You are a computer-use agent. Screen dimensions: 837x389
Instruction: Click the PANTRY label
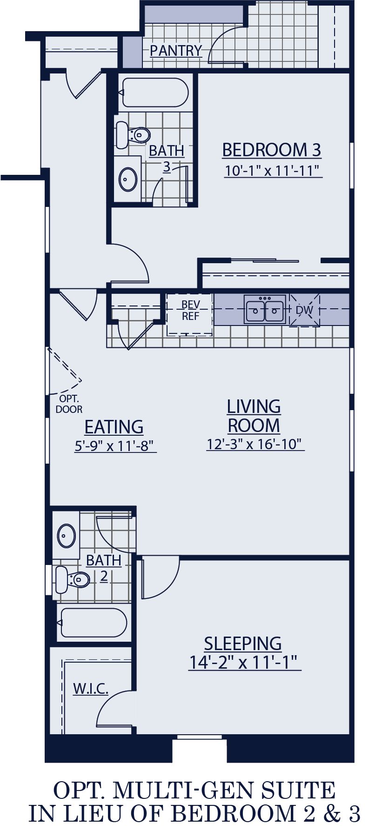(x=176, y=50)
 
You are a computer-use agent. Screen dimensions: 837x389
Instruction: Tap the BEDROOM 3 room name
(x=271, y=150)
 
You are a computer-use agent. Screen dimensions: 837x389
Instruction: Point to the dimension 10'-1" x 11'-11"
(x=273, y=171)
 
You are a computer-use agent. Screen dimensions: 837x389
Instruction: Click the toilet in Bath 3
(x=134, y=135)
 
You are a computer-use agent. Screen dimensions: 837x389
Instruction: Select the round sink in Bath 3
(x=127, y=179)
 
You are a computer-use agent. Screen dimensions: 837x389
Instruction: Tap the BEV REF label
(x=190, y=310)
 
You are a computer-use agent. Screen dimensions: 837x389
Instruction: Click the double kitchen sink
(x=265, y=310)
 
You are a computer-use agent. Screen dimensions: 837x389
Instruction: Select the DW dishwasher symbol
(x=305, y=310)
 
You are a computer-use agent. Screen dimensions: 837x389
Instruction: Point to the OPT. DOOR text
(x=69, y=404)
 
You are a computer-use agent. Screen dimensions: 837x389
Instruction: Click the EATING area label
(x=114, y=427)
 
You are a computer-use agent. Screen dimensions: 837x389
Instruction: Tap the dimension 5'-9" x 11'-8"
(x=114, y=446)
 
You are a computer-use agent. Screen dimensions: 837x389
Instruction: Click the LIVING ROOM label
(x=254, y=416)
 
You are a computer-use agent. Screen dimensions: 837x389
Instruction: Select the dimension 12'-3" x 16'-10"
(x=255, y=444)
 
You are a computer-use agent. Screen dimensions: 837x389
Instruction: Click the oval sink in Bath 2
(x=67, y=536)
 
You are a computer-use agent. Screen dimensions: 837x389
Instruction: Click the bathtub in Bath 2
(x=94, y=623)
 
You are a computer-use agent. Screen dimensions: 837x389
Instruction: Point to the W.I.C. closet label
(x=91, y=689)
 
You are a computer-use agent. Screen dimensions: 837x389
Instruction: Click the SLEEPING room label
(x=242, y=644)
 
